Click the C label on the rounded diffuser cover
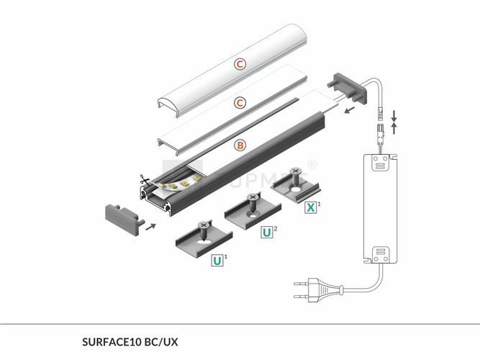coord(240,64)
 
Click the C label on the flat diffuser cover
coord(240,104)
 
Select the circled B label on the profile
coord(240,145)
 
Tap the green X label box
coord(310,207)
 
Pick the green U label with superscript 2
coord(266,232)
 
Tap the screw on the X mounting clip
coord(295,175)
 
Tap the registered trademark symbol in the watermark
coord(312,164)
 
